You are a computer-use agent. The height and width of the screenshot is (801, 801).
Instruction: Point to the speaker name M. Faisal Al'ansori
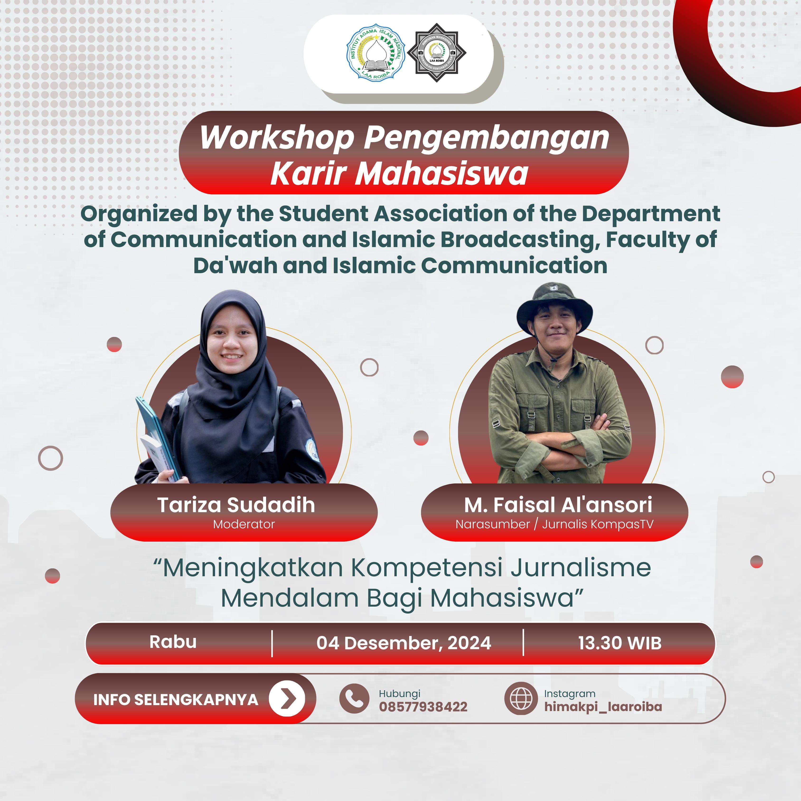558,505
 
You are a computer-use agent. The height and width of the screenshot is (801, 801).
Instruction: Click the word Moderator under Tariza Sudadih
244,525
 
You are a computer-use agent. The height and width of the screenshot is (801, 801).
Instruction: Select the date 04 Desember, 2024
404,643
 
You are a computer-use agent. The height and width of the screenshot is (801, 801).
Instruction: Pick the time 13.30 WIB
620,643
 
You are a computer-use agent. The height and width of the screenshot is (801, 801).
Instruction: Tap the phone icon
354,699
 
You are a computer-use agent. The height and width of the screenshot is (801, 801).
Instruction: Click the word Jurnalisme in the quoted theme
581,568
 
